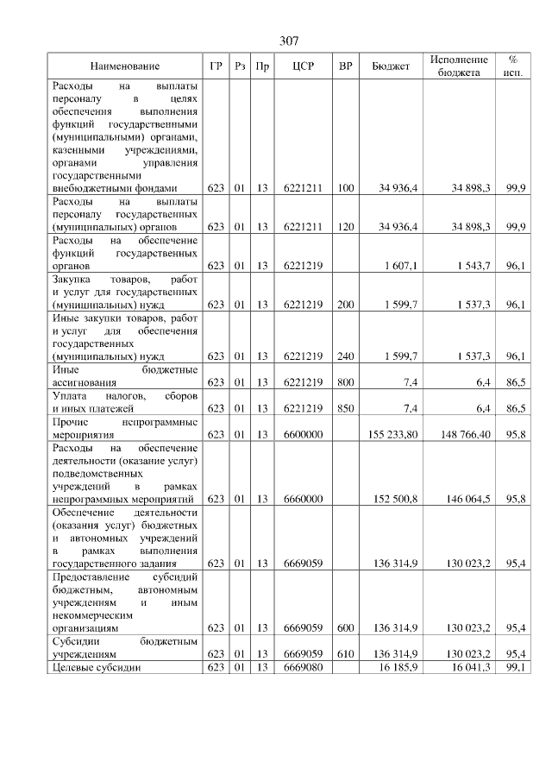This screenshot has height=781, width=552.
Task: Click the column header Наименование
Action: pyautogui.click(x=124, y=66)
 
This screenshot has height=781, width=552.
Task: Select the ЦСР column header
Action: pyautogui.click(x=302, y=66)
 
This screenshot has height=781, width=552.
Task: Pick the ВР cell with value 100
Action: pyautogui.click(x=345, y=188)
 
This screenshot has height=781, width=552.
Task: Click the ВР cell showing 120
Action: pyautogui.click(x=345, y=227)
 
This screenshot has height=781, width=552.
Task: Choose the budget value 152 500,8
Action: pyautogui.click(x=398, y=499)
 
